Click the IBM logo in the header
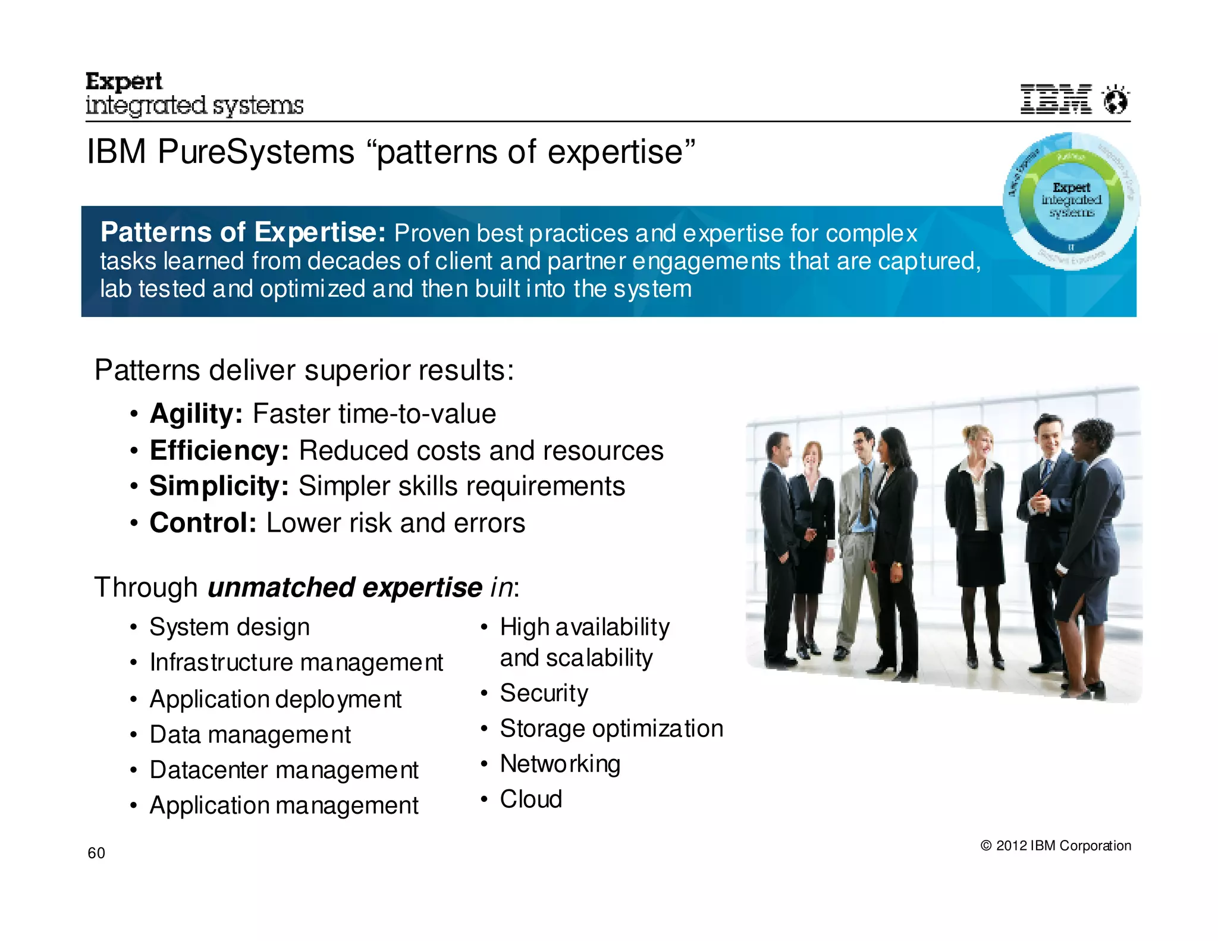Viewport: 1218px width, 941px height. [1056, 99]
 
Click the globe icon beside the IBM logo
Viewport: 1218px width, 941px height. [1115, 99]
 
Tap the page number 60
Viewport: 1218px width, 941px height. [96, 853]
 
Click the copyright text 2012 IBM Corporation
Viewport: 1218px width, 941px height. [1056, 845]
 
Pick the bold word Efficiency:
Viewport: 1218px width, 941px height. [219, 450]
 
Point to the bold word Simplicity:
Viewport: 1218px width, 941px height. [219, 486]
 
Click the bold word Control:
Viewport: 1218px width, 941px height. [203, 523]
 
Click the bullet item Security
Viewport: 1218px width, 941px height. [544, 693]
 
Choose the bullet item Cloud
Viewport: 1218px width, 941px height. [530, 799]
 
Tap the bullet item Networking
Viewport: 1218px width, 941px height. [560, 764]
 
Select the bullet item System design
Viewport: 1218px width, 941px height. [230, 627]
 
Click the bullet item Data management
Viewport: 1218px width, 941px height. [250, 735]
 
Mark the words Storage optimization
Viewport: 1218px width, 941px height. [611, 729]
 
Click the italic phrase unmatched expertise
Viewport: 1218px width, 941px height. [344, 588]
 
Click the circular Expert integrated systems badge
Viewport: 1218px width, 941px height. [1071, 200]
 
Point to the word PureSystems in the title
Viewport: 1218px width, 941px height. [256, 152]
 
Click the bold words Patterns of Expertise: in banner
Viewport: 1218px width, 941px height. [243, 232]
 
